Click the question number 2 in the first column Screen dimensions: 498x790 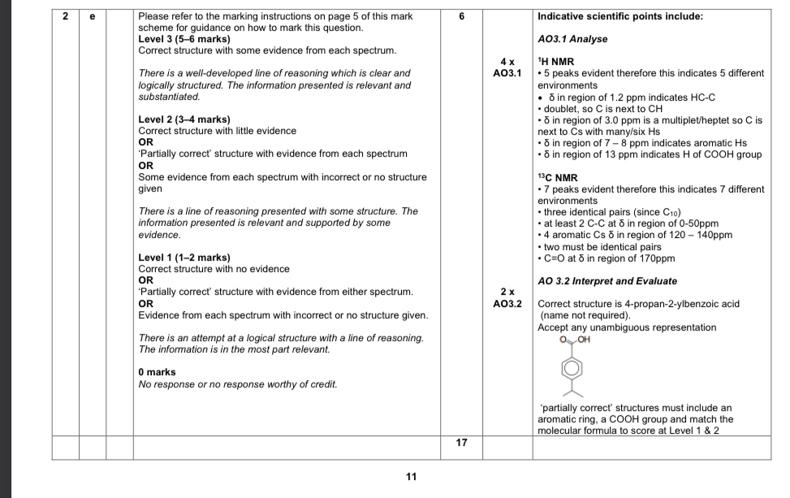(x=66, y=16)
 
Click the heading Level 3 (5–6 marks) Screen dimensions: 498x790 (x=184, y=39)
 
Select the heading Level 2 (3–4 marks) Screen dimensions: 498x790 (x=184, y=119)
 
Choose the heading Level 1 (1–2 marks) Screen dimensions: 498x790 (x=184, y=258)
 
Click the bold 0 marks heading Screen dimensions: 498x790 (x=158, y=372)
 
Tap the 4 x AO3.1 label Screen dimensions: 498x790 (x=506, y=67)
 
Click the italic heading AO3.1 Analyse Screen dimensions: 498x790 (x=572, y=39)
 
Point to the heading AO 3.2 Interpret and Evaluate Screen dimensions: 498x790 (x=607, y=281)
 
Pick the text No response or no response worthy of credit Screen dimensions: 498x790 (x=238, y=383)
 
